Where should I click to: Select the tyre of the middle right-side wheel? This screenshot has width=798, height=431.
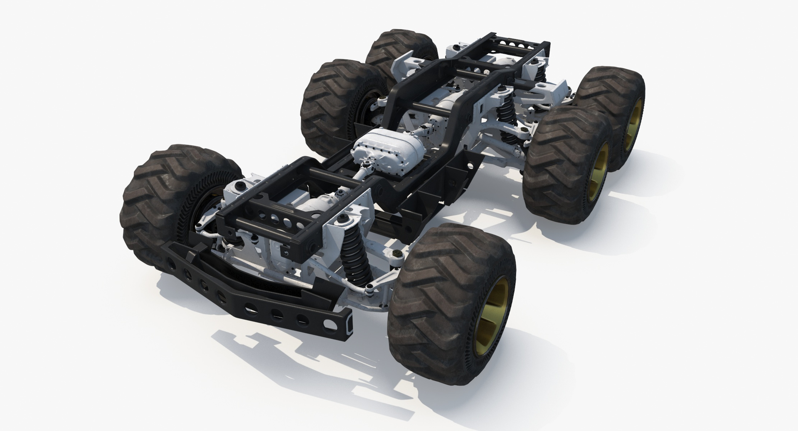[x=561, y=166]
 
